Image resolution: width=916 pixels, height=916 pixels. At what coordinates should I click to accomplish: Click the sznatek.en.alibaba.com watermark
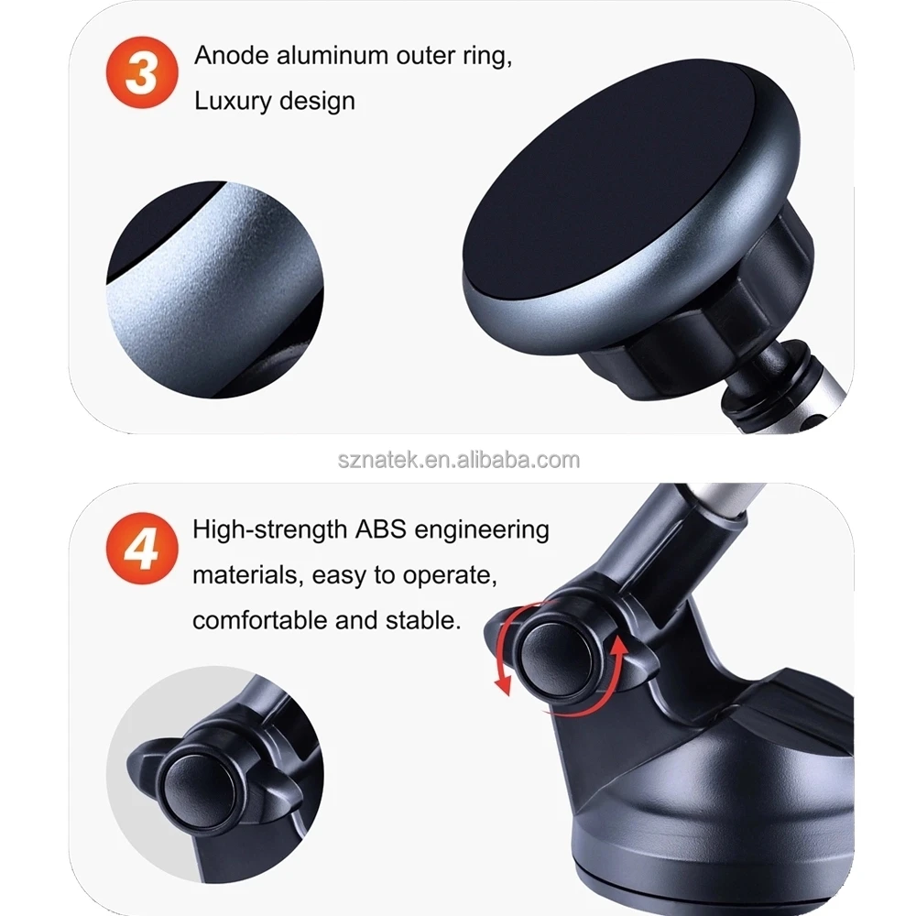pyautogui.click(x=458, y=459)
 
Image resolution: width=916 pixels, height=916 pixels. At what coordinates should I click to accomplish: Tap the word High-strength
pyautogui.click(x=266, y=529)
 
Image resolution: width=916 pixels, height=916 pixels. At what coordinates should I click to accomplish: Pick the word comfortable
pyautogui.click(x=259, y=621)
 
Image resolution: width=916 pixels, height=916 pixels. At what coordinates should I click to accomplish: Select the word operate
pyautogui.click(x=450, y=576)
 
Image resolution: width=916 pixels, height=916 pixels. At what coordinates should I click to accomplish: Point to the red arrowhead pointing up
pyautogui.click(x=620, y=647)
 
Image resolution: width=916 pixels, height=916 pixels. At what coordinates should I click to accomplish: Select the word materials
pyautogui.click(x=245, y=576)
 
